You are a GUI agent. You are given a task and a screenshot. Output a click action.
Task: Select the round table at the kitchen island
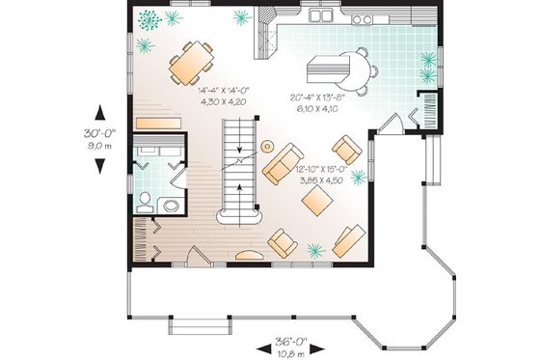click(356, 69)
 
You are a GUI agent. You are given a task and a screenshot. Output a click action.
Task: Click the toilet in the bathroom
click(144, 202)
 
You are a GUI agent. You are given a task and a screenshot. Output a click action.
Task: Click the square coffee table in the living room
click(317, 200)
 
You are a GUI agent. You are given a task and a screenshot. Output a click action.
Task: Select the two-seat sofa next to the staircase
click(283, 161)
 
